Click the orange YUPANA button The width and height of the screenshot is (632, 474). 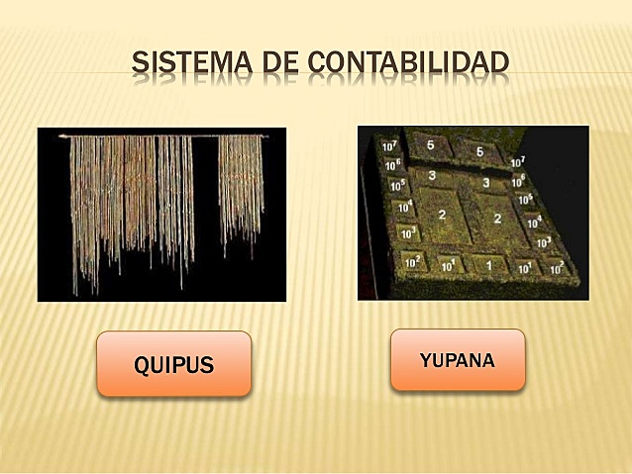pyautogui.click(x=457, y=359)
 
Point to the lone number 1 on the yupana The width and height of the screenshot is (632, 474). pyautogui.click(x=487, y=264)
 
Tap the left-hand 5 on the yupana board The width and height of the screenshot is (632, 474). pyautogui.click(x=430, y=145)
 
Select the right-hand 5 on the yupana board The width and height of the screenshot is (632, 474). pyautogui.click(x=479, y=151)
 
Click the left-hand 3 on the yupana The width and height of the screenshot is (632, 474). pyautogui.click(x=432, y=175)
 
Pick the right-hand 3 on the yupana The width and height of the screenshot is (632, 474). pyautogui.click(x=485, y=183)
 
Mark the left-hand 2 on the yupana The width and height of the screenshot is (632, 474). pyautogui.click(x=442, y=214)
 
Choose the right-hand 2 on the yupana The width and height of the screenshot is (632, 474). pyautogui.click(x=497, y=219)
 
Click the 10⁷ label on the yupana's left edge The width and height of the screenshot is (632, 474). pyautogui.click(x=389, y=146)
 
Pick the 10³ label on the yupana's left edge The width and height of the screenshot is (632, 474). pyautogui.click(x=408, y=234)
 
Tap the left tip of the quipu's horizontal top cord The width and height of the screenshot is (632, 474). pyautogui.click(x=61, y=136)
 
